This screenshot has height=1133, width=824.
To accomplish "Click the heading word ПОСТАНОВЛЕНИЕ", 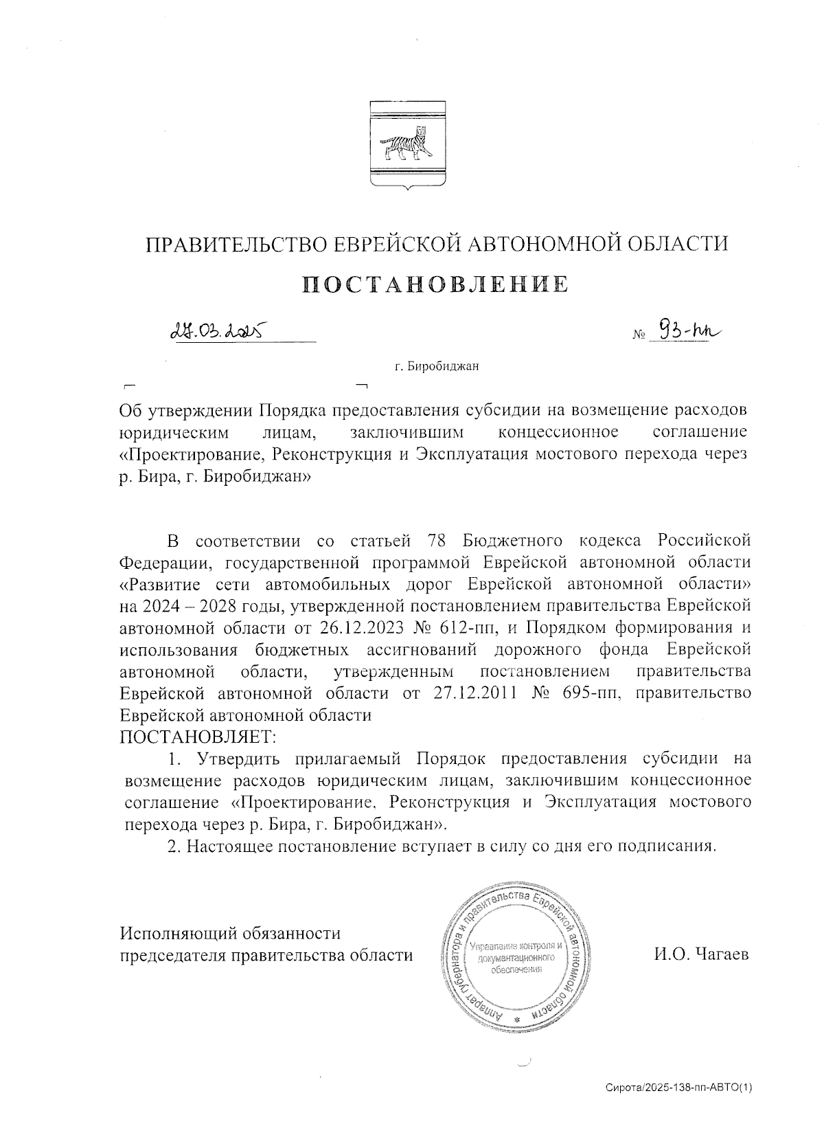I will [436, 284].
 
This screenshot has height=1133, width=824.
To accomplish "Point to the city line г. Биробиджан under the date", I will [436, 366].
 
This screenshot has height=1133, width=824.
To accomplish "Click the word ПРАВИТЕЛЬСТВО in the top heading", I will [231, 244].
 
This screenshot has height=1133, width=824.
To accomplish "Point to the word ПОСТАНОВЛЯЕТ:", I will [198, 737].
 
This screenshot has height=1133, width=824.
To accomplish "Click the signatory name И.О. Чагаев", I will [701, 954].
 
